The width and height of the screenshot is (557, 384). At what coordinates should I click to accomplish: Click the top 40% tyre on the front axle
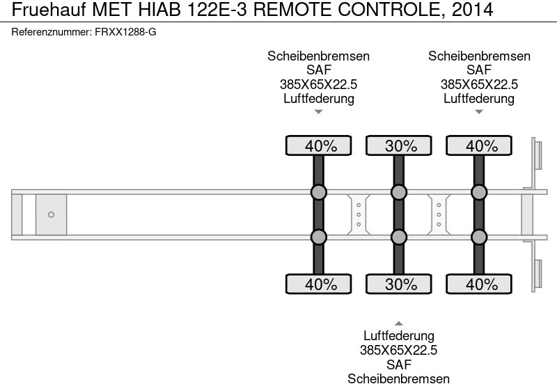pyautogui.click(x=318, y=145)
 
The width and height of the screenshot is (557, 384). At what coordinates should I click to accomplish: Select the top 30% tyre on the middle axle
pyautogui.click(x=398, y=145)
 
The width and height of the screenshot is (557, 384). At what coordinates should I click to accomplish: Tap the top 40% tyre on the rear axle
pyautogui.click(x=478, y=145)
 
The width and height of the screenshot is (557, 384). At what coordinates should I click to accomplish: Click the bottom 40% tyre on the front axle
pyautogui.click(x=318, y=284)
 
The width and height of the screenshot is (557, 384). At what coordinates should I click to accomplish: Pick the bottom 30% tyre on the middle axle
pyautogui.click(x=398, y=284)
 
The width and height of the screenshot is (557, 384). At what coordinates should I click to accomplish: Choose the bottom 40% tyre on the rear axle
pyautogui.click(x=478, y=284)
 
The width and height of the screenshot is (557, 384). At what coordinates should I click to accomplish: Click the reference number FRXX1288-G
pyautogui.click(x=125, y=32)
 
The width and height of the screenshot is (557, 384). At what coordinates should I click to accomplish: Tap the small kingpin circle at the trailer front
pyautogui.click(x=51, y=214)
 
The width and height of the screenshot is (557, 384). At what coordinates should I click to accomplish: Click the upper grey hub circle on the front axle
pyautogui.click(x=318, y=192)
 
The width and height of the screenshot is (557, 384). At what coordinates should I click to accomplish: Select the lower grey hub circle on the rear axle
pyautogui.click(x=478, y=237)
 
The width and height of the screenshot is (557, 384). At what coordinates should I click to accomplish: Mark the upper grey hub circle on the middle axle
pyautogui.click(x=398, y=192)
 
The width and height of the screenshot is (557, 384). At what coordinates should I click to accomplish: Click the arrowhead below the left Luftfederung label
pyautogui.click(x=318, y=111)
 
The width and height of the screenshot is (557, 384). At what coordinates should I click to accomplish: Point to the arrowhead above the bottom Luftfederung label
pyautogui.click(x=398, y=323)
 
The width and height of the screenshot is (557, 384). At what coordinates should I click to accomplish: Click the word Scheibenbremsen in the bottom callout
pyautogui.click(x=398, y=378)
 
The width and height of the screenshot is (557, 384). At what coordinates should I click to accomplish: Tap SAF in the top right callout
pyautogui.click(x=478, y=70)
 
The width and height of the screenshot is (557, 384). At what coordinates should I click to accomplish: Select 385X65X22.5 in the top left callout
pyautogui.click(x=318, y=84)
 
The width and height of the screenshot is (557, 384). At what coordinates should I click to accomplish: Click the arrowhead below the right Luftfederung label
pyautogui.click(x=478, y=111)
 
